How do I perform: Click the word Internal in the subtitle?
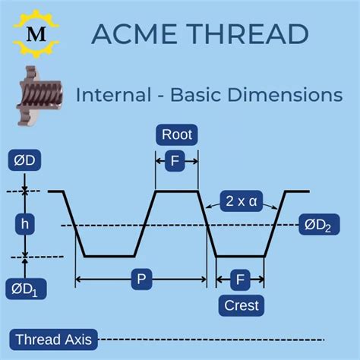(110, 96)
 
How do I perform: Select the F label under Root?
(177, 160)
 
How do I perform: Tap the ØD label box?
(25, 162)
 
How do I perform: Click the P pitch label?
(141, 279)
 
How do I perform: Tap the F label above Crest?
(241, 280)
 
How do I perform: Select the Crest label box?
(241, 305)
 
